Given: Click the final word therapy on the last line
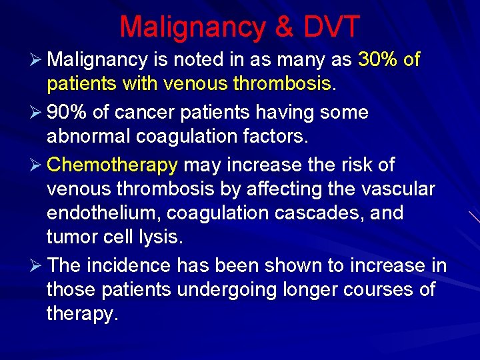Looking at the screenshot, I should pyautogui.click(x=81, y=313).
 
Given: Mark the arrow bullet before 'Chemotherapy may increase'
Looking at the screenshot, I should pyautogui.click(x=37, y=164).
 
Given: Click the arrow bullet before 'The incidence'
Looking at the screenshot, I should pyautogui.click(x=37, y=265).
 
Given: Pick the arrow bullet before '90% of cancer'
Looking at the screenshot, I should pyautogui.click(x=37, y=111).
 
